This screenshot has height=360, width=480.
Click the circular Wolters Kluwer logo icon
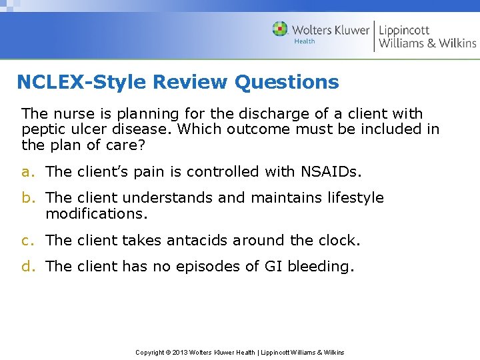(280, 29)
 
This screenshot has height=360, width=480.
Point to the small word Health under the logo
(304, 41)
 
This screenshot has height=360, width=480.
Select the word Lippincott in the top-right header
(404, 29)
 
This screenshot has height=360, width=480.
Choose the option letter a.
(26, 172)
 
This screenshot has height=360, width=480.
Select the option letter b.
(27, 198)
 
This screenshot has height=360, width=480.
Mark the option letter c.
(26, 240)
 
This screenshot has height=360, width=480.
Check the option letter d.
(27, 267)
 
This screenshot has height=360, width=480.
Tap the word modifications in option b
(96, 214)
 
